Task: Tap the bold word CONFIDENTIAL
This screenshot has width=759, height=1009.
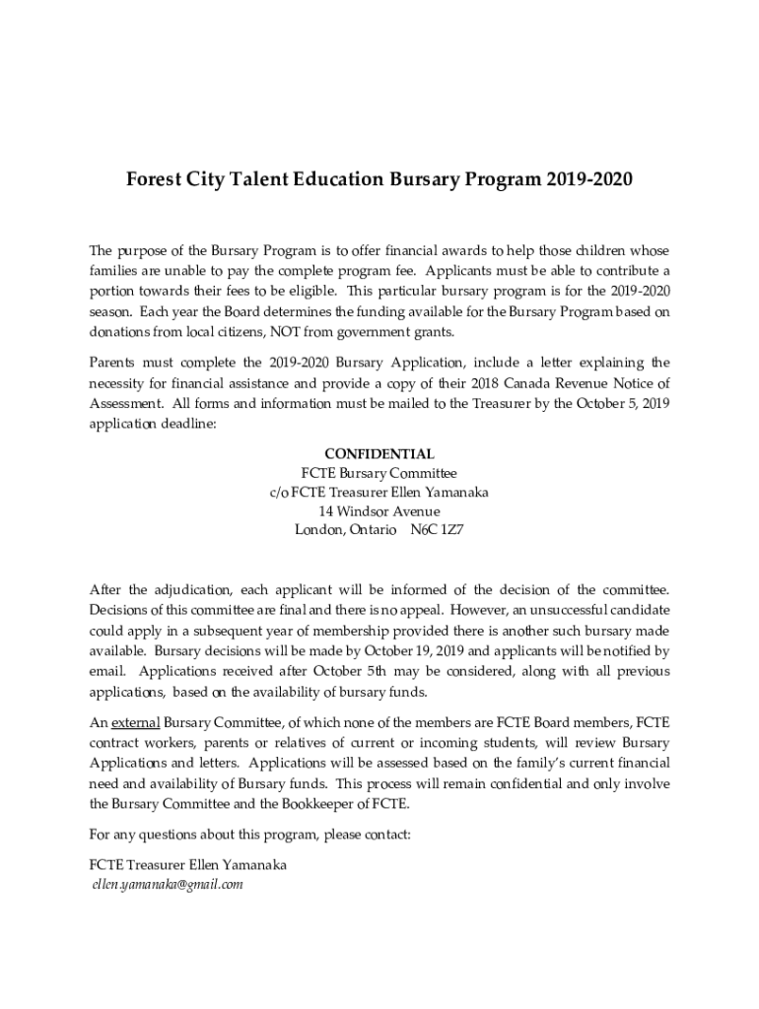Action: point(379,454)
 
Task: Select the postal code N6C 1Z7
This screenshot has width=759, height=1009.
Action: point(437,529)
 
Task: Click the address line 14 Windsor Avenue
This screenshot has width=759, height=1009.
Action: point(379,510)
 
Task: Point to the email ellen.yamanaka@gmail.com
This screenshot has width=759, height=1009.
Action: point(167,884)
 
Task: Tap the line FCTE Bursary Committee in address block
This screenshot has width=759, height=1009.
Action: point(379,473)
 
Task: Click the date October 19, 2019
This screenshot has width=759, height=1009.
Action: point(413,651)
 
